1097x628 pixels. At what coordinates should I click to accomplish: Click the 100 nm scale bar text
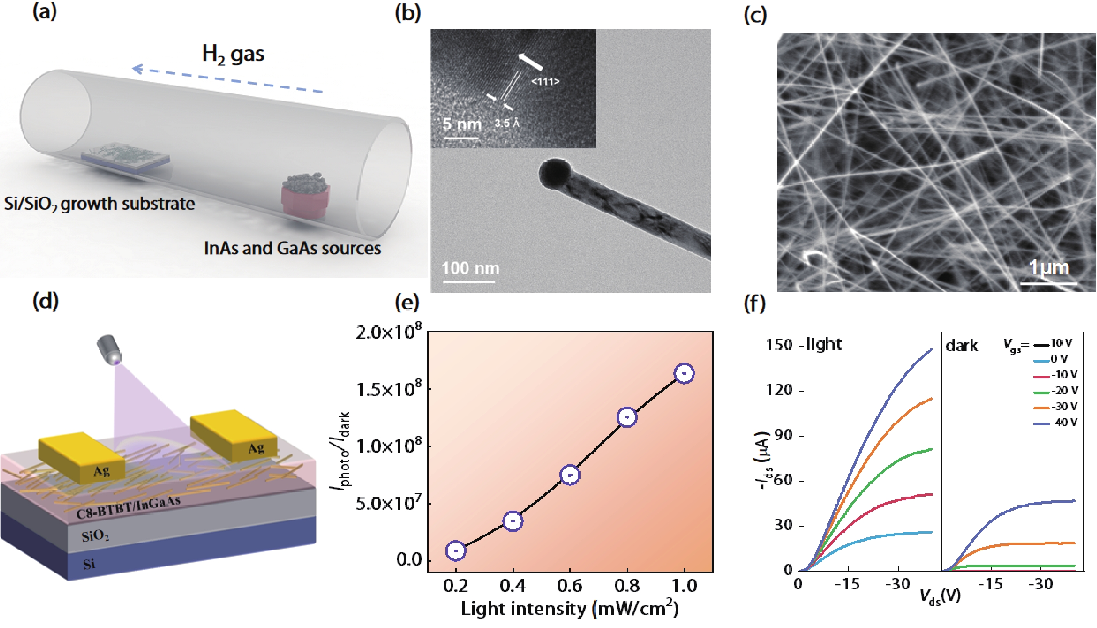[470, 268]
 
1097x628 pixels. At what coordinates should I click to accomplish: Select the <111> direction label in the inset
[545, 81]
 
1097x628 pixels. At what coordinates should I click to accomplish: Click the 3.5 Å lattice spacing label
[507, 123]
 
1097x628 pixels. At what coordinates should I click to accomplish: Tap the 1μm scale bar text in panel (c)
[1049, 268]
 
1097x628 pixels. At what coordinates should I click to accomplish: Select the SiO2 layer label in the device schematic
[95, 536]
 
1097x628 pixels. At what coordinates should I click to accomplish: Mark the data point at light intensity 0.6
[570, 475]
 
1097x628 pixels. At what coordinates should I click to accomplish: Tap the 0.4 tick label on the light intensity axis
[513, 586]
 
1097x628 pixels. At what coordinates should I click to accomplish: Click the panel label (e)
[407, 303]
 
